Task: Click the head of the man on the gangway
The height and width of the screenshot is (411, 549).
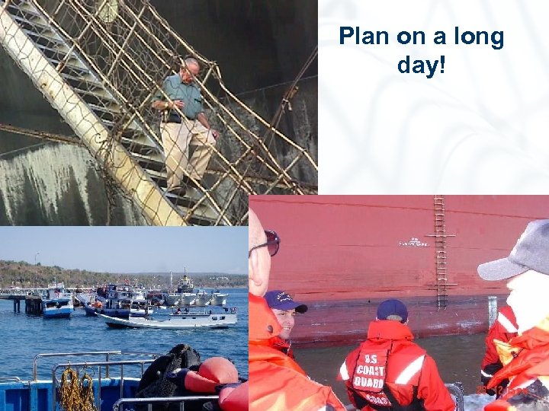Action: tap(191, 69)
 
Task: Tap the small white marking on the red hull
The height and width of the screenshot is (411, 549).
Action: tap(413, 243)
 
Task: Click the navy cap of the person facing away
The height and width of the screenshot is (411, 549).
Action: tap(392, 309)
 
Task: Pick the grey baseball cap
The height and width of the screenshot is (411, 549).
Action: tap(518, 251)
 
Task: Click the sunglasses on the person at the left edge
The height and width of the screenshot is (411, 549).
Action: tap(269, 243)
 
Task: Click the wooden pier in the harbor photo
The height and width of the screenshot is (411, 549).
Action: tap(23, 301)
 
